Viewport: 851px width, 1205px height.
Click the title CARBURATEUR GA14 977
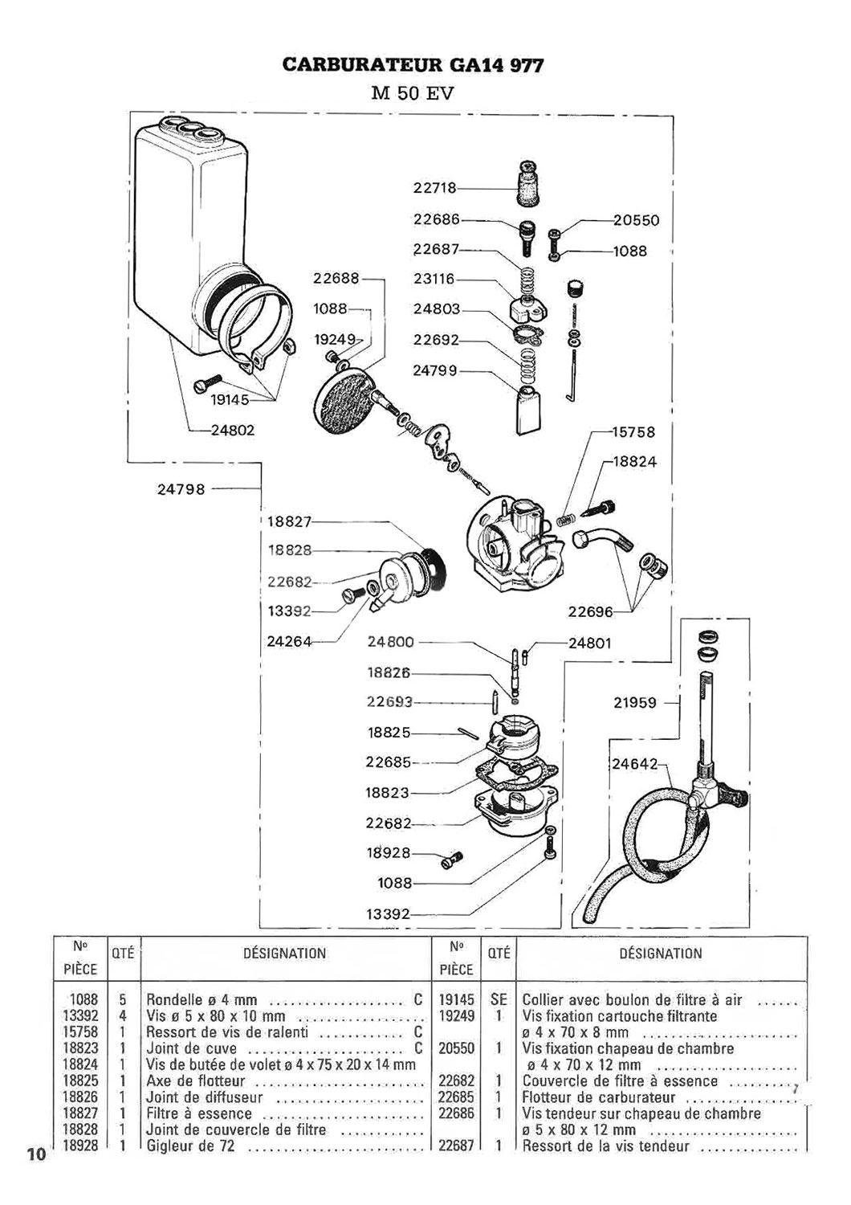pos(413,66)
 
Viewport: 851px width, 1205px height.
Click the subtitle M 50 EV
pos(413,94)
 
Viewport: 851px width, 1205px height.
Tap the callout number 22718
pos(434,188)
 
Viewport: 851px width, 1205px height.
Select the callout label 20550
pos(636,221)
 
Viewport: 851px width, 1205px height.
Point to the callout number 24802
pos(232,430)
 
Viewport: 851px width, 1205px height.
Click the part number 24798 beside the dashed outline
pos(181,489)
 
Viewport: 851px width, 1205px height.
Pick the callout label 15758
pos(633,432)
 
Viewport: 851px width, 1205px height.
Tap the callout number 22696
pos(590,611)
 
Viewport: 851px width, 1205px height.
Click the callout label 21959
pos(635,703)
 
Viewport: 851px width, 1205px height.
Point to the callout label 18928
pos(388,852)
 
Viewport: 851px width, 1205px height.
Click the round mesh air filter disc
pos(343,397)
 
